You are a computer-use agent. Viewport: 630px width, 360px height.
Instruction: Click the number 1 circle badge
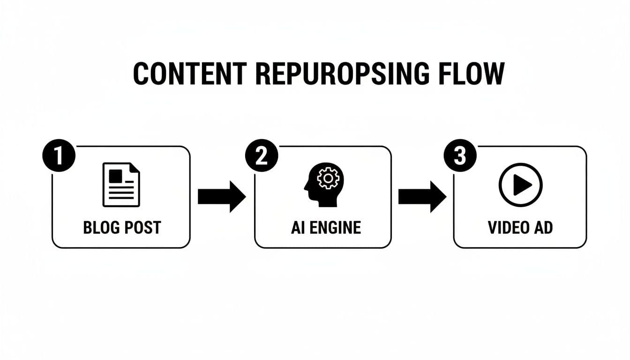58,156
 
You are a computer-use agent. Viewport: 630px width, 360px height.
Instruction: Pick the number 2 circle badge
261,156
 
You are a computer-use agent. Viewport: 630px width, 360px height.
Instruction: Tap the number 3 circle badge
459,156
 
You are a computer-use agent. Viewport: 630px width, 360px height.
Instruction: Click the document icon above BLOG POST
120,184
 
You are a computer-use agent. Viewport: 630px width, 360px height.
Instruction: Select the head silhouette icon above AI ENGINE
323,185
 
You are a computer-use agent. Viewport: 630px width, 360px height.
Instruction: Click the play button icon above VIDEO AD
520,185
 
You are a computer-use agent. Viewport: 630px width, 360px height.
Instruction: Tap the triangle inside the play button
521,186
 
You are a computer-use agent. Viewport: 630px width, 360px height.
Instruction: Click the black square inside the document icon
115,176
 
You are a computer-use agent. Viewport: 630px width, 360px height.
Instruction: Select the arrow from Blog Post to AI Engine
221,197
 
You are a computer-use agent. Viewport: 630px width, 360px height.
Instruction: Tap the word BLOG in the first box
100,228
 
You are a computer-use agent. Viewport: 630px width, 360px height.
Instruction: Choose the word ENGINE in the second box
335,228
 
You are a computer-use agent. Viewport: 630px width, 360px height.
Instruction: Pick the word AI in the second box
297,228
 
